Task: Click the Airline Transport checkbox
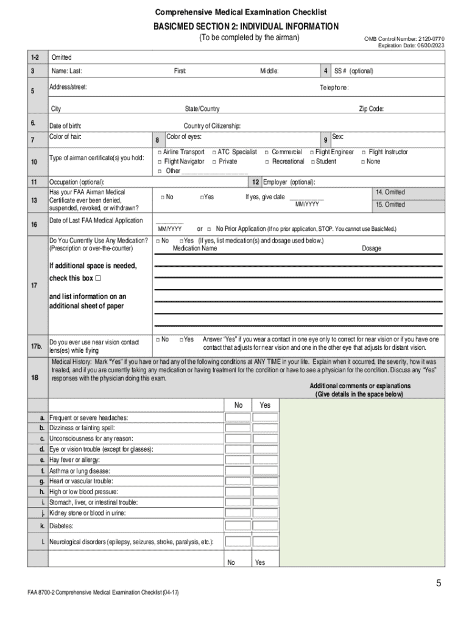[160, 152]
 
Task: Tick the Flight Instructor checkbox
[364, 152]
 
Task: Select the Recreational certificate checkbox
[267, 161]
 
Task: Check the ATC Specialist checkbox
[214, 152]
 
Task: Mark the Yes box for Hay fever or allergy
[265, 460]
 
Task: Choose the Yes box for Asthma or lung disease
[265, 471]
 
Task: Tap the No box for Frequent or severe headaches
[238, 417]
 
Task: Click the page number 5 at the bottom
[438, 584]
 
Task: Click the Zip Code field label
[371, 109]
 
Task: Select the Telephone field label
[334, 87]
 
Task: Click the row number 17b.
[37, 347]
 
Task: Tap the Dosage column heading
[372, 249]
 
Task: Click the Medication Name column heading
[194, 249]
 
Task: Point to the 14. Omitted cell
[390, 193]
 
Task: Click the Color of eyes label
[184, 136]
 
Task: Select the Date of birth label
[65, 126]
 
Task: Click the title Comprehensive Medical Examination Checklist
[241, 12]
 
